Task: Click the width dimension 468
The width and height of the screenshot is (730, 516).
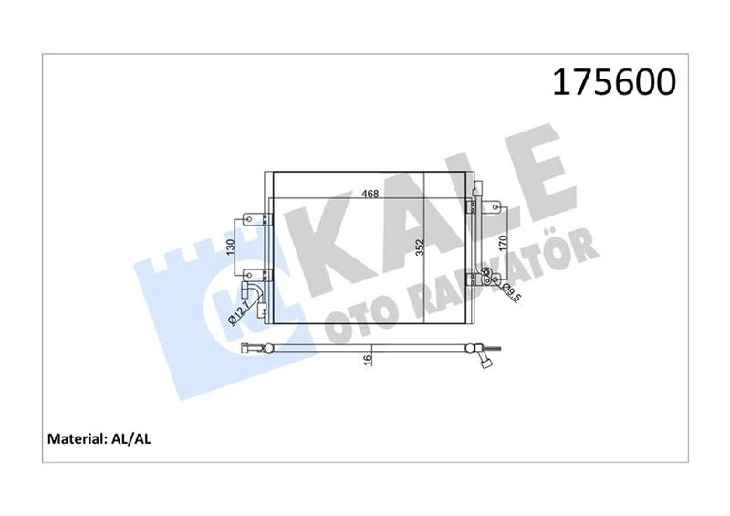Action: tap(370, 194)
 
